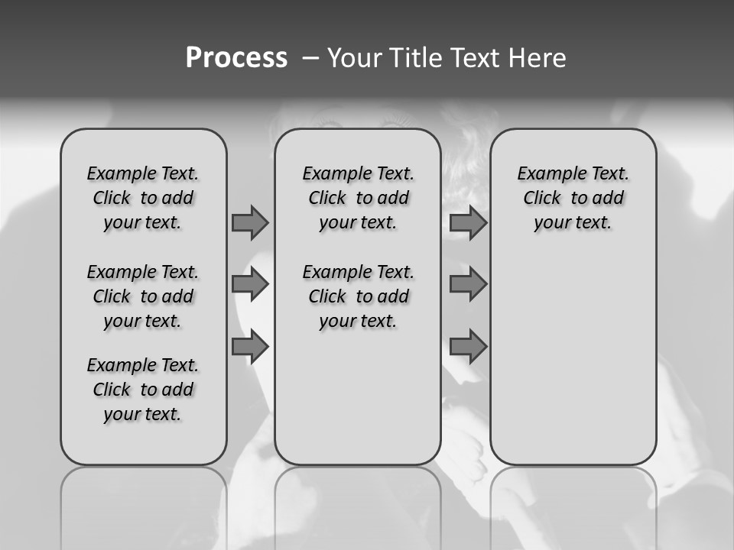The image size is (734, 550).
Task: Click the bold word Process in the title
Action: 236,58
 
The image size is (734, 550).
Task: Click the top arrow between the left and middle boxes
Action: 250,222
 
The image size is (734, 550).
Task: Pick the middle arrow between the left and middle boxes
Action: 250,284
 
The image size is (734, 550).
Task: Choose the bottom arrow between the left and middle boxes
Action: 250,346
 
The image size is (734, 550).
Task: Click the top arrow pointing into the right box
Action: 468,222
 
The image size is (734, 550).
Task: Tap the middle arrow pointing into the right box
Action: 468,284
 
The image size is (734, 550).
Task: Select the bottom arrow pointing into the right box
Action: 468,346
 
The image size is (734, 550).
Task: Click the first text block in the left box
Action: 143,198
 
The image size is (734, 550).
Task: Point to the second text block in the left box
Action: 143,296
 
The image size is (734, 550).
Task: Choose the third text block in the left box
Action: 143,390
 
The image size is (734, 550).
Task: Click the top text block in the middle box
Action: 358,198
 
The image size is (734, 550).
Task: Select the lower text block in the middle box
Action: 358,296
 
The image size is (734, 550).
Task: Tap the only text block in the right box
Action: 573,198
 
